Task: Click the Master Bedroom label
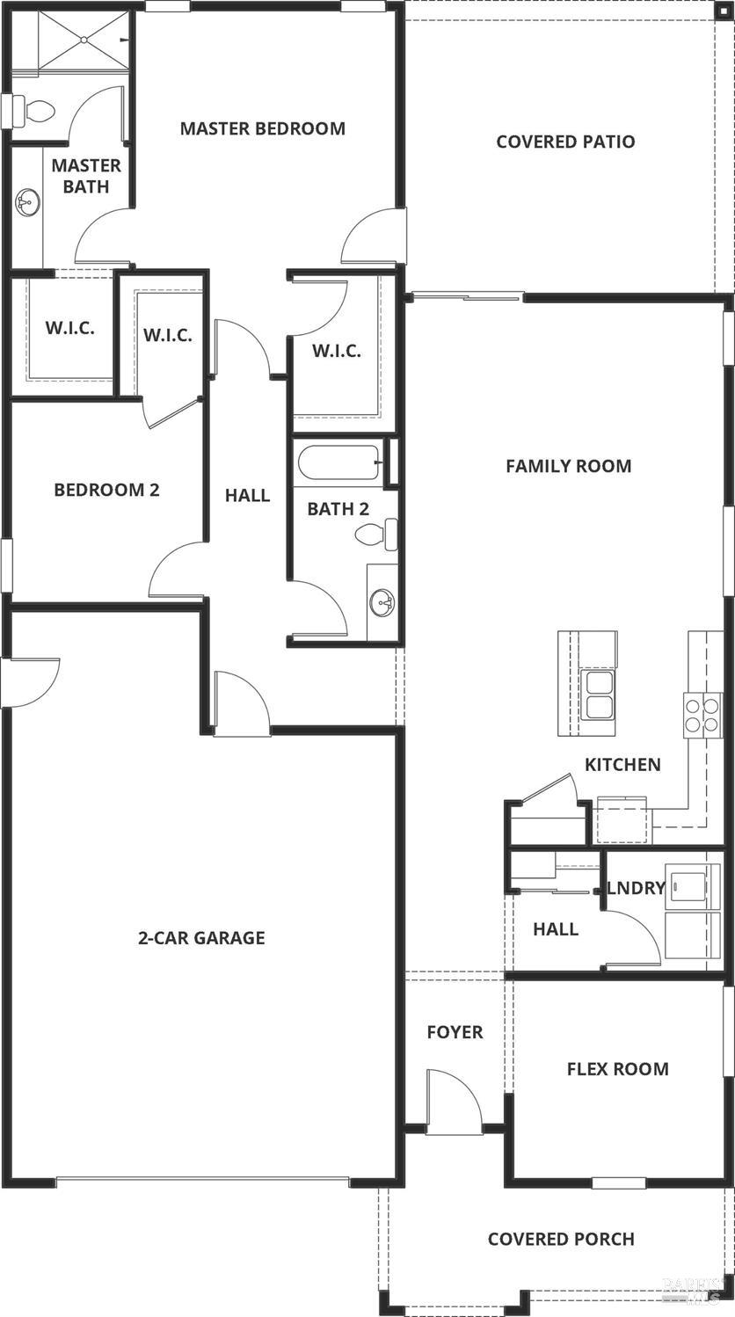262,128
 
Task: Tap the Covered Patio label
565,142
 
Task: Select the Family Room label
568,466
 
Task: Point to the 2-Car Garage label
201,938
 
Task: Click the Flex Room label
617,1069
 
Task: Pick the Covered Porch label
561,1239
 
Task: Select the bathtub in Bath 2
338,462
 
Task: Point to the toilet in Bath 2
376,534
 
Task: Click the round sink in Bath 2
382,602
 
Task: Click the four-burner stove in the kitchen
702,714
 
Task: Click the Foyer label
455,1032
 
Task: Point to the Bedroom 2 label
106,490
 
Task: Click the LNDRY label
636,888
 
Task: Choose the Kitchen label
622,765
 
